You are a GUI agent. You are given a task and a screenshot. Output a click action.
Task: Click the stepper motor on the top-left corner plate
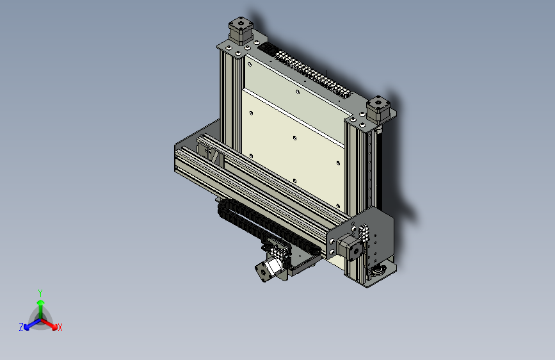(x=241, y=31)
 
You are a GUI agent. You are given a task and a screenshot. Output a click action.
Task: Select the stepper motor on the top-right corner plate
(x=378, y=110)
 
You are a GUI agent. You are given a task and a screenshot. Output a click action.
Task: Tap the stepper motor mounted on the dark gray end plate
(x=350, y=247)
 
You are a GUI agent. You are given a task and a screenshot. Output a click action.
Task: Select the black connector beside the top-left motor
(x=267, y=48)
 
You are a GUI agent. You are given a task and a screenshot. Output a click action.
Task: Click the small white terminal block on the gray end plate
(x=364, y=232)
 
